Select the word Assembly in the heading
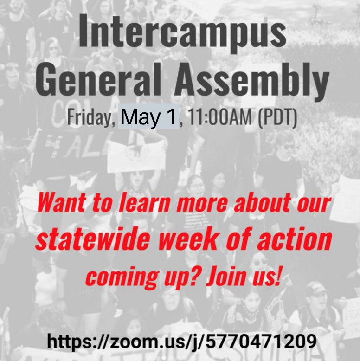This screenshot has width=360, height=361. click(251, 81)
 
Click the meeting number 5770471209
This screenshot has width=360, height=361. click(261, 341)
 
